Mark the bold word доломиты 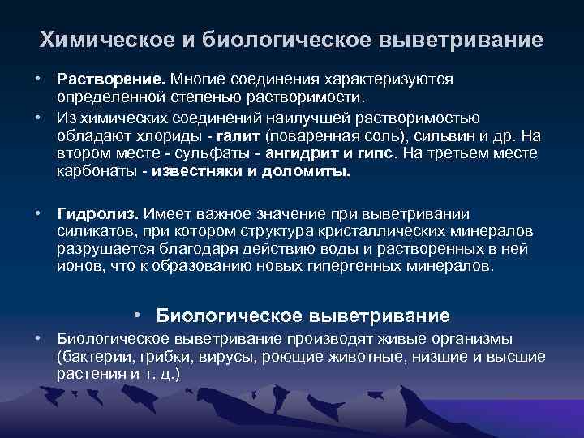[309, 172]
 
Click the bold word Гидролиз [97, 213]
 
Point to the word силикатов [90, 231]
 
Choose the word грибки [153, 357]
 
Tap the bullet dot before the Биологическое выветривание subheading [140, 314]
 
